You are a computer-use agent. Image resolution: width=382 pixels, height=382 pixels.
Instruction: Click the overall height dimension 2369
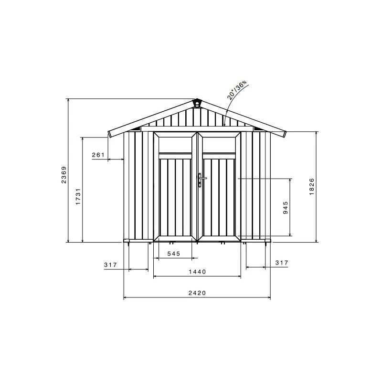coord(64,175)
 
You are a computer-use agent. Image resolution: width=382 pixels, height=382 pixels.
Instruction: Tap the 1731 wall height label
coord(78,196)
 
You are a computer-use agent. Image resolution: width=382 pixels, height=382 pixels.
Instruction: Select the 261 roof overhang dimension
coord(98,155)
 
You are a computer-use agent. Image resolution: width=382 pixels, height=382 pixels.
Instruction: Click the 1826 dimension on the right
coord(312,186)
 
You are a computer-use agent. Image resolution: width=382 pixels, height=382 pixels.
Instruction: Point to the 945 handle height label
coord(286,208)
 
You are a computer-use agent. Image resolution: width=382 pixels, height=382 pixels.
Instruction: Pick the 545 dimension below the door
coord(174,254)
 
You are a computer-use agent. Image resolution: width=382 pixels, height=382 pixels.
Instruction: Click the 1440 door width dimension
coord(197,272)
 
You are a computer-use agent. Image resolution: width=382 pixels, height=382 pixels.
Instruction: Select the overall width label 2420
coord(197,293)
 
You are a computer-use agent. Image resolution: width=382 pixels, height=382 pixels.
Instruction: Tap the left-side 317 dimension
coord(110,265)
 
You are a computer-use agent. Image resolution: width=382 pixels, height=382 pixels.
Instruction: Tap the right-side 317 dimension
coord(282,263)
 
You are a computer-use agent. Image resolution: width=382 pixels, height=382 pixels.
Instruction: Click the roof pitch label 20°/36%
coord(237,90)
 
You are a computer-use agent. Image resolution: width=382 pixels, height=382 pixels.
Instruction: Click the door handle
coord(201,180)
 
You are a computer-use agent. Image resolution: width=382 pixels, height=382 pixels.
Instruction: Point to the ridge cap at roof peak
coord(197,103)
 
